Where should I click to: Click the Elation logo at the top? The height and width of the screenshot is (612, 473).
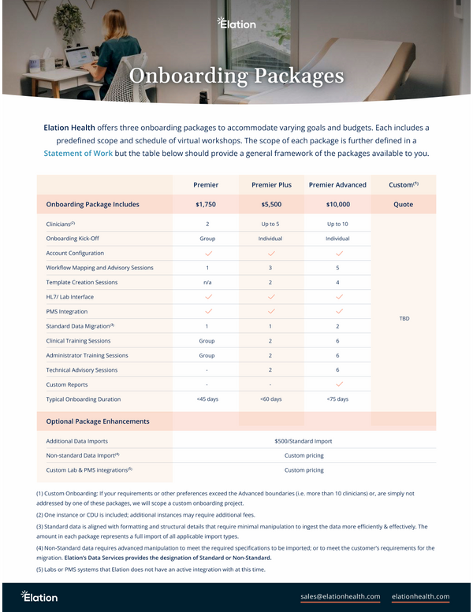click(236, 24)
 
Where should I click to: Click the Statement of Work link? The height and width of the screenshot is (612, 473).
click(78, 153)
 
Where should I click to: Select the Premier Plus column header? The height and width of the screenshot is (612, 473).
click(271, 185)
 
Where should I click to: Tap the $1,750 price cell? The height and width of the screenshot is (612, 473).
click(207, 205)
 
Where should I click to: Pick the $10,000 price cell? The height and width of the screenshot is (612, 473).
click(337, 205)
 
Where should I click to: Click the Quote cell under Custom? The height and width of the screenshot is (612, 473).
click(404, 205)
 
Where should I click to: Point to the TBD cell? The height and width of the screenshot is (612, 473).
click(404, 319)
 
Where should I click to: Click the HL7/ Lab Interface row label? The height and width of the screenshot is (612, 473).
click(70, 297)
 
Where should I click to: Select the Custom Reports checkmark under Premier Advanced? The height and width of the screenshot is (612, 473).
click(337, 384)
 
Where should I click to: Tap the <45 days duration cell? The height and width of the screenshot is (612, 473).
click(207, 399)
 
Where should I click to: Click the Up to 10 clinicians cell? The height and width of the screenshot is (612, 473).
click(337, 224)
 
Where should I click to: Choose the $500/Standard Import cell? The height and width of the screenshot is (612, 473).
click(304, 441)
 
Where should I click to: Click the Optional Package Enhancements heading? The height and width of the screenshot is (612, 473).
click(98, 421)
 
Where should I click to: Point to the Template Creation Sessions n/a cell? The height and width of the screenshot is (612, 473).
click(207, 282)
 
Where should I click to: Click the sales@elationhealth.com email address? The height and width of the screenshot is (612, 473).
click(341, 596)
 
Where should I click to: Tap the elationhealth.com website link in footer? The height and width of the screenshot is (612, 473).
click(420, 596)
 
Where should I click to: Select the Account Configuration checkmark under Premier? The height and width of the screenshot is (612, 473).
click(207, 254)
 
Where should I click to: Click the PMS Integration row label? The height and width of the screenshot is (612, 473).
click(67, 312)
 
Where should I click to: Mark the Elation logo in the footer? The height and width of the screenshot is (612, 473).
click(39, 596)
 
